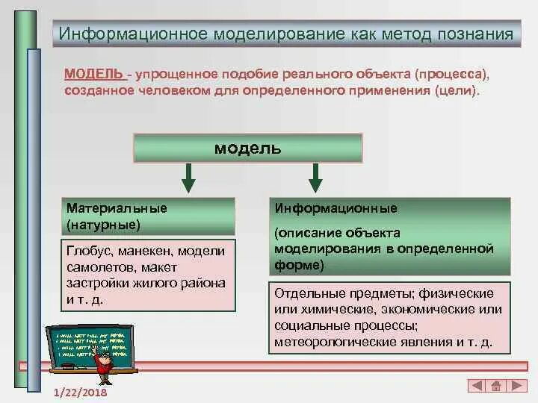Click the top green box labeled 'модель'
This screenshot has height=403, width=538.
coord(247,148)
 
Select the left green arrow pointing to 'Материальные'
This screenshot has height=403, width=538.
coord(188,178)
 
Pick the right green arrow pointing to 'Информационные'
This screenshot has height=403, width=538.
coord(315,178)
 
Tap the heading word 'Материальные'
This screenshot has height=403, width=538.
coord(117,208)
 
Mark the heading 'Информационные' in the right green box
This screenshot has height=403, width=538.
coord(336,208)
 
